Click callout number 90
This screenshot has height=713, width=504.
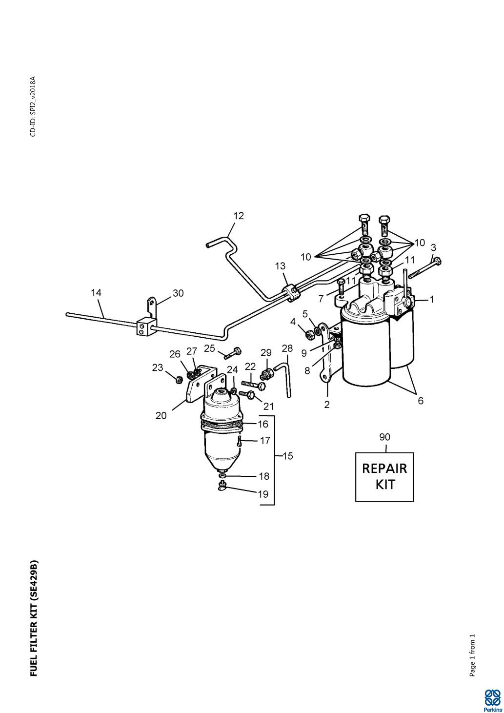click(384, 437)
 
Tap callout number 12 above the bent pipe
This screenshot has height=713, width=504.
click(239, 216)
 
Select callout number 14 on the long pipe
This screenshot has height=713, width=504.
click(96, 292)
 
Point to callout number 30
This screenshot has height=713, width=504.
click(178, 293)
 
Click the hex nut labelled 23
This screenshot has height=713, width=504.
click(179, 379)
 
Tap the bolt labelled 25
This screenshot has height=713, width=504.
click(233, 353)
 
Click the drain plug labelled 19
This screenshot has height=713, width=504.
click(222, 486)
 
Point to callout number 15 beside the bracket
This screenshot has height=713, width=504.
click(288, 456)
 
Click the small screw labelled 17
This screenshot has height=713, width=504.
click(240, 441)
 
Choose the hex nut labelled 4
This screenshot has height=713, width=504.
click(308, 334)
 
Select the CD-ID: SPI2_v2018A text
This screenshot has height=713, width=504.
click(33, 106)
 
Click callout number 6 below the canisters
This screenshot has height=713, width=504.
click(421, 401)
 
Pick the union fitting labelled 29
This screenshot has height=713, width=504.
click(265, 373)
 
